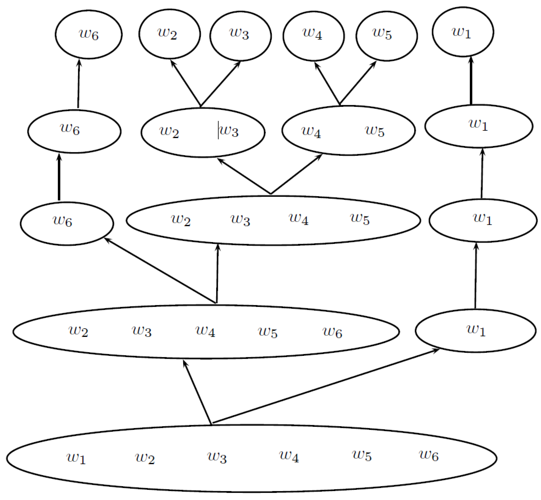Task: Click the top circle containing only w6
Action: pyautogui.click(x=89, y=35)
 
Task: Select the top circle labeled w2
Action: pyautogui.click(x=169, y=34)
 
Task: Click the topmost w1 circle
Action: pyautogui.click(x=463, y=32)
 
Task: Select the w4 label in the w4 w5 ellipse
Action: pyautogui.click(x=311, y=132)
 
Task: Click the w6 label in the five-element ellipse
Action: pyautogui.click(x=332, y=332)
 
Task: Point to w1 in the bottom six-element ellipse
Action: pyautogui.click(x=76, y=457)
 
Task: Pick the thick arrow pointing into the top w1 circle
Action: pyautogui.click(x=471, y=81)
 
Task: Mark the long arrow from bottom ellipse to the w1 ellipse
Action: pyautogui.click(x=324, y=386)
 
